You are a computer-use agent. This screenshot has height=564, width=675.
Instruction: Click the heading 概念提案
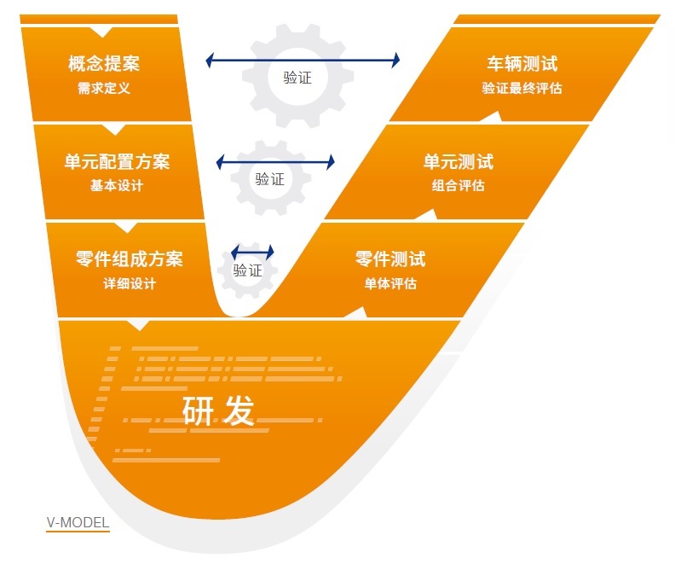pyautogui.click(x=104, y=63)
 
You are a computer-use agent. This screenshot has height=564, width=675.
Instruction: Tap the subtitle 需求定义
pyautogui.click(x=104, y=88)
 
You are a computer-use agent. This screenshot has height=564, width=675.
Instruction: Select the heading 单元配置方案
pyautogui.click(x=117, y=161)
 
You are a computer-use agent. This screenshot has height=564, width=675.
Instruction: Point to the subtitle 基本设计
pyautogui.click(x=117, y=186)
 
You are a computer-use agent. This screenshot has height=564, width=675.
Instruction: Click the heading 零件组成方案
pyautogui.click(x=129, y=259)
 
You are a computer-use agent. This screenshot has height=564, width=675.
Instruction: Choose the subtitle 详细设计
pyautogui.click(x=129, y=283)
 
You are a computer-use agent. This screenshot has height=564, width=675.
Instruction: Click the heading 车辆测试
pyautogui.click(x=522, y=63)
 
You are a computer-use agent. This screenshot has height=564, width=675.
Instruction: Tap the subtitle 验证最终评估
pyautogui.click(x=522, y=88)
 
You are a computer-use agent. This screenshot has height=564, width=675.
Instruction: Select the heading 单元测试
pyautogui.click(x=458, y=161)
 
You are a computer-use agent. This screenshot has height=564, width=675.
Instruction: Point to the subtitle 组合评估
pyautogui.click(x=458, y=186)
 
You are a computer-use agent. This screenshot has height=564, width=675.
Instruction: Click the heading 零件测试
pyautogui.click(x=390, y=259)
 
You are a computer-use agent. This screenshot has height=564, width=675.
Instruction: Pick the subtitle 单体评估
pyautogui.click(x=390, y=283)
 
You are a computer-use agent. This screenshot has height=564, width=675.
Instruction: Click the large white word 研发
pyautogui.click(x=218, y=410)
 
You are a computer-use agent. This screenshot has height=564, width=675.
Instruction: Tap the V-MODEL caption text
pyautogui.click(x=78, y=522)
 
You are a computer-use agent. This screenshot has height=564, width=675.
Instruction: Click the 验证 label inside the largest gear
pyautogui.click(x=297, y=78)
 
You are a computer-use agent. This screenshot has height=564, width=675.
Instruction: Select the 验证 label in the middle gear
pyautogui.click(x=269, y=179)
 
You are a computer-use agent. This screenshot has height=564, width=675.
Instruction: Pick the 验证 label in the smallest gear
pyautogui.click(x=247, y=270)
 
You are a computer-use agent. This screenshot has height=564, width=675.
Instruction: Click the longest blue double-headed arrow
pyautogui.click(x=303, y=60)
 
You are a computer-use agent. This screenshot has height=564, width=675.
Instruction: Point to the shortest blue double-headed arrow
pyautogui.click(x=253, y=252)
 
